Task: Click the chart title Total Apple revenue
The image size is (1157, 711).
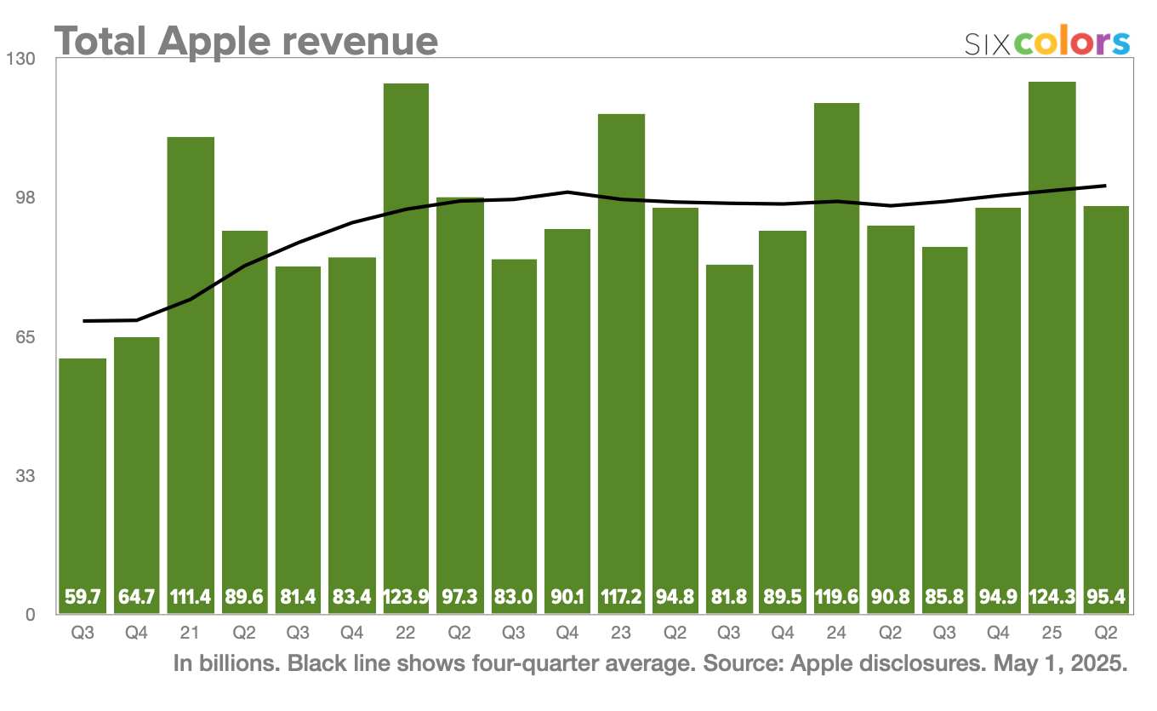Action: [x=247, y=40]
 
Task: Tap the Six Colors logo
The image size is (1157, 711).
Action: [x=1047, y=43]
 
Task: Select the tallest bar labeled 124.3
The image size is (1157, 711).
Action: [x=1052, y=341]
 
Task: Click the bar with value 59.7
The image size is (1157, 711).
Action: [x=83, y=477]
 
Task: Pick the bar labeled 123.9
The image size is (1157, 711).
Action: [x=406, y=341]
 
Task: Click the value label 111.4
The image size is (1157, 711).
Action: [x=191, y=598]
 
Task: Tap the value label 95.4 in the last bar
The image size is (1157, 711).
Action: [x=1106, y=598]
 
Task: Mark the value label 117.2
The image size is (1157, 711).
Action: [x=621, y=598]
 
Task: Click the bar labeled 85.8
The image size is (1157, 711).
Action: [x=944, y=426]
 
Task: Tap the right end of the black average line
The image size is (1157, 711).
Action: [x=1104, y=186]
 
